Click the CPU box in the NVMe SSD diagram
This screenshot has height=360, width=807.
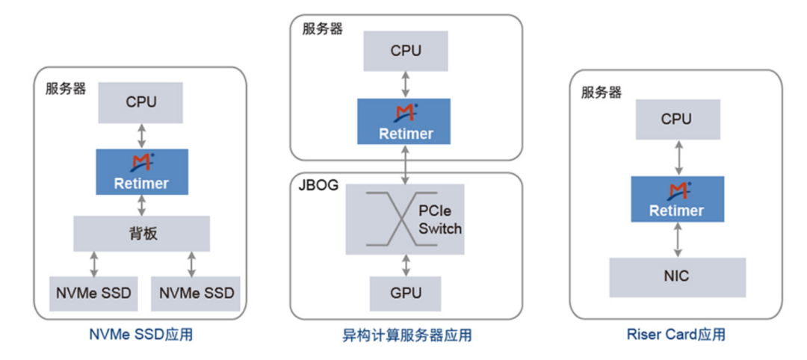pyautogui.click(x=141, y=102)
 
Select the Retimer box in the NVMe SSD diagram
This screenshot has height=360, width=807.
pyautogui.click(x=141, y=172)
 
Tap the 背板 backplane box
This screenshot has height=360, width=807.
pyautogui.click(x=141, y=233)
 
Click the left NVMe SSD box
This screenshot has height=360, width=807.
pyautogui.click(x=93, y=293)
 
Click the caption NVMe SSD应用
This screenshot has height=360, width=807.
pyautogui.click(x=142, y=334)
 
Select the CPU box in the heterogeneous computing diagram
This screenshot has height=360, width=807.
pyautogui.click(x=406, y=52)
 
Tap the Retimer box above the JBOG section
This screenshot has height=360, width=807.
pyautogui.click(x=406, y=122)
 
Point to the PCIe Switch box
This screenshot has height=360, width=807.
pyautogui.click(x=406, y=219)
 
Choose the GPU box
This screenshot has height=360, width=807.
pyautogui.click(x=406, y=293)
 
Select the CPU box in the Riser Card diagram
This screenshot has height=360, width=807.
pyautogui.click(x=677, y=119)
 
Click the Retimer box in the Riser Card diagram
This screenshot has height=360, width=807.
pyautogui.click(x=677, y=199)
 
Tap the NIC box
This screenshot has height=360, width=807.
pyautogui.click(x=677, y=276)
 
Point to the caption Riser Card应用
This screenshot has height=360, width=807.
pyautogui.click(x=676, y=334)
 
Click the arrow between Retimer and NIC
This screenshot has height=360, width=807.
pyautogui.click(x=678, y=240)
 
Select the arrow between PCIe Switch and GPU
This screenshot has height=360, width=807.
pyautogui.click(x=406, y=264)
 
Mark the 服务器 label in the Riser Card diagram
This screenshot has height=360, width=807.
pyautogui.click(x=602, y=93)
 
